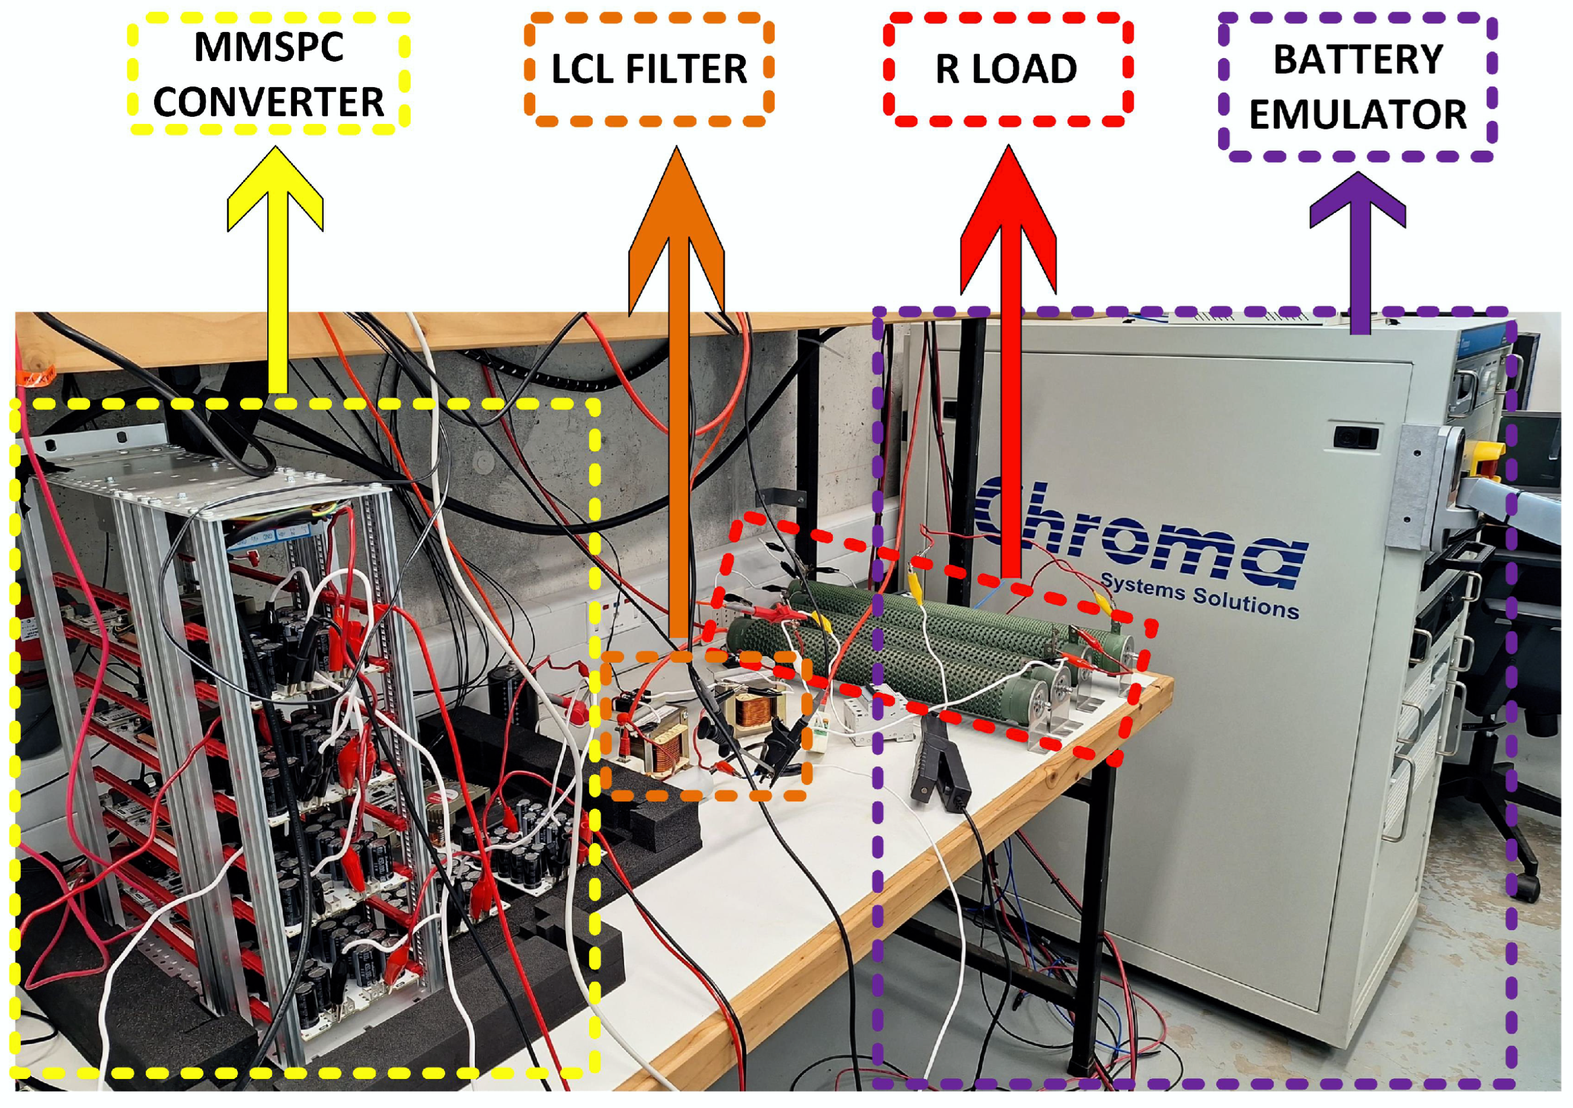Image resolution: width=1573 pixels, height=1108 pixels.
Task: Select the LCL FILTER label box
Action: (649, 69)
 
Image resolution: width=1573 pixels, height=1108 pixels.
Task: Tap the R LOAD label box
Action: (1006, 69)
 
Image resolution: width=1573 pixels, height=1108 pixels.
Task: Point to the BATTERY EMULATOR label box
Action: (1357, 87)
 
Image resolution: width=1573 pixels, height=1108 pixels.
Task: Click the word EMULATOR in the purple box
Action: (1357, 114)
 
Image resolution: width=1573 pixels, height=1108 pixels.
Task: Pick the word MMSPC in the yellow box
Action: (269, 47)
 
